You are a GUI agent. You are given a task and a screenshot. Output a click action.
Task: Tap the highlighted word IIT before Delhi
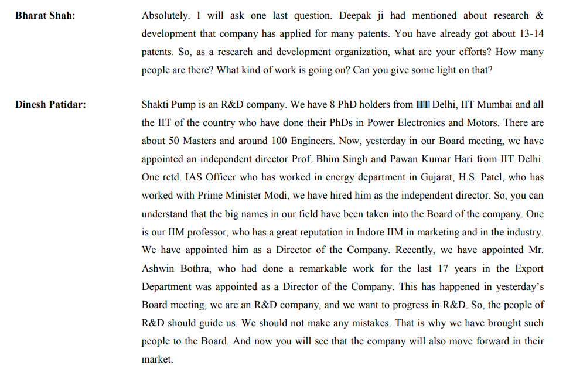423,105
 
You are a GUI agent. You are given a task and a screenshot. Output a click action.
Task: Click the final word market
156,359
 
